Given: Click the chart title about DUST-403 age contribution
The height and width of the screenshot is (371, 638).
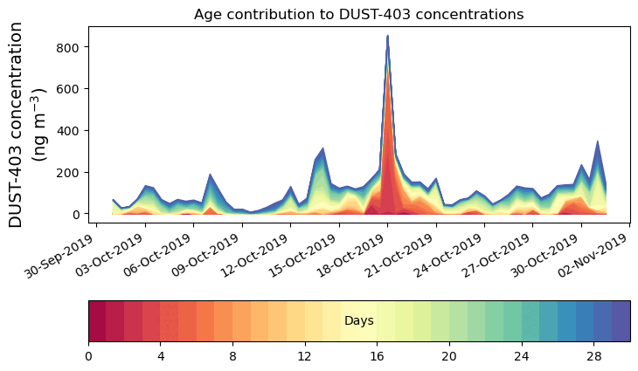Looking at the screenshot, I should tap(358, 14).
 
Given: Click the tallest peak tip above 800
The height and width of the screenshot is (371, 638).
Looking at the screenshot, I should tap(387, 37).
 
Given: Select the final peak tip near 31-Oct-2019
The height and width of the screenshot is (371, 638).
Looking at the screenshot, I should tap(598, 141).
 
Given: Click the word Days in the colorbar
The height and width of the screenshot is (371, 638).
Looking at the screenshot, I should tap(359, 321).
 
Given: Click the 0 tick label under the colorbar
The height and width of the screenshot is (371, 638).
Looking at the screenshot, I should tap(88, 356).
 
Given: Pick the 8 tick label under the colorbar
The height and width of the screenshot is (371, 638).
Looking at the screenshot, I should tap(232, 356).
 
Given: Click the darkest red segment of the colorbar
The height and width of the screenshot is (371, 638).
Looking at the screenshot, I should tap(97, 321).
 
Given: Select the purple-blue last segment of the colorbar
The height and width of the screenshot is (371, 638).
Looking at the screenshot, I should tap(621, 321).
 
